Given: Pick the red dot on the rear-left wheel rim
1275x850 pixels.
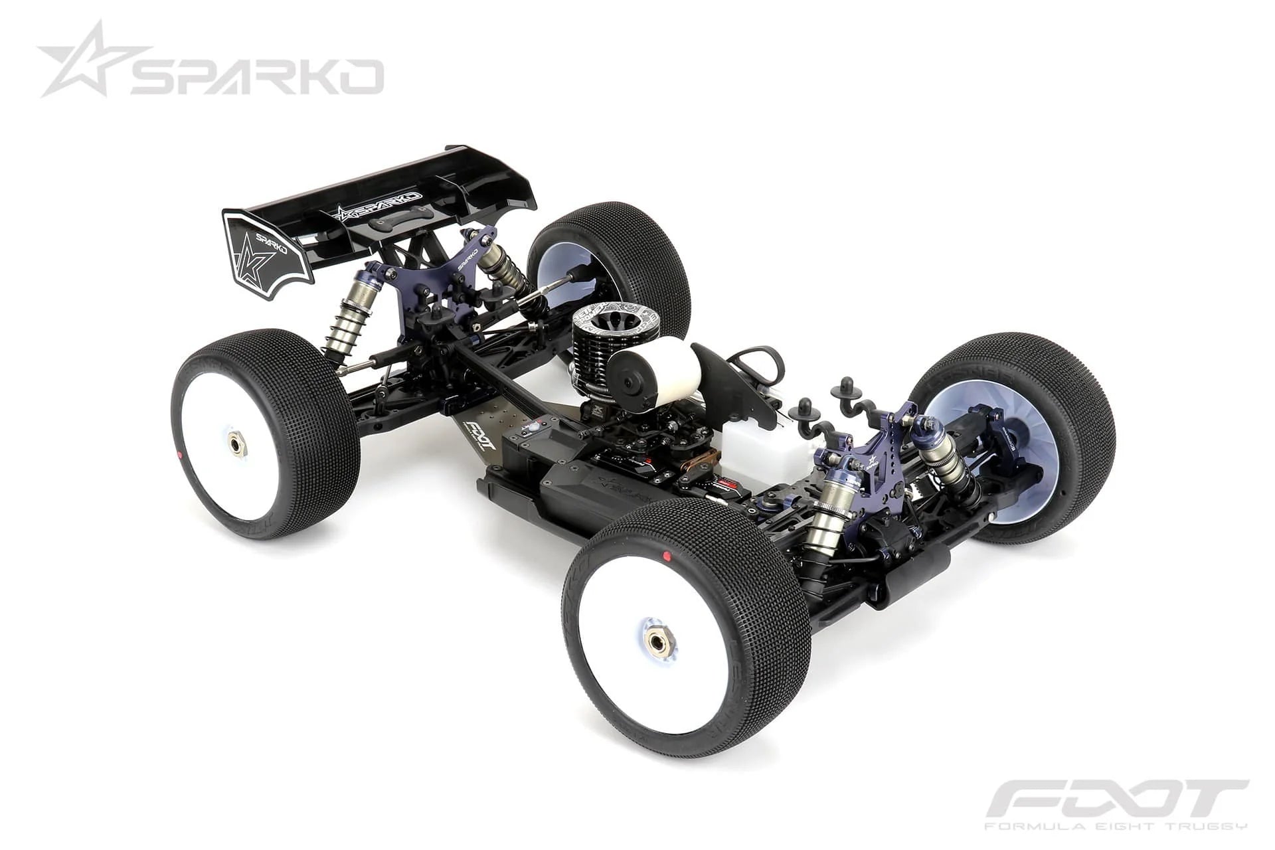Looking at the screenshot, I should [x=181, y=455].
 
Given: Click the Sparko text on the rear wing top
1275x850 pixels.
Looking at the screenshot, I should [x=379, y=207].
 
